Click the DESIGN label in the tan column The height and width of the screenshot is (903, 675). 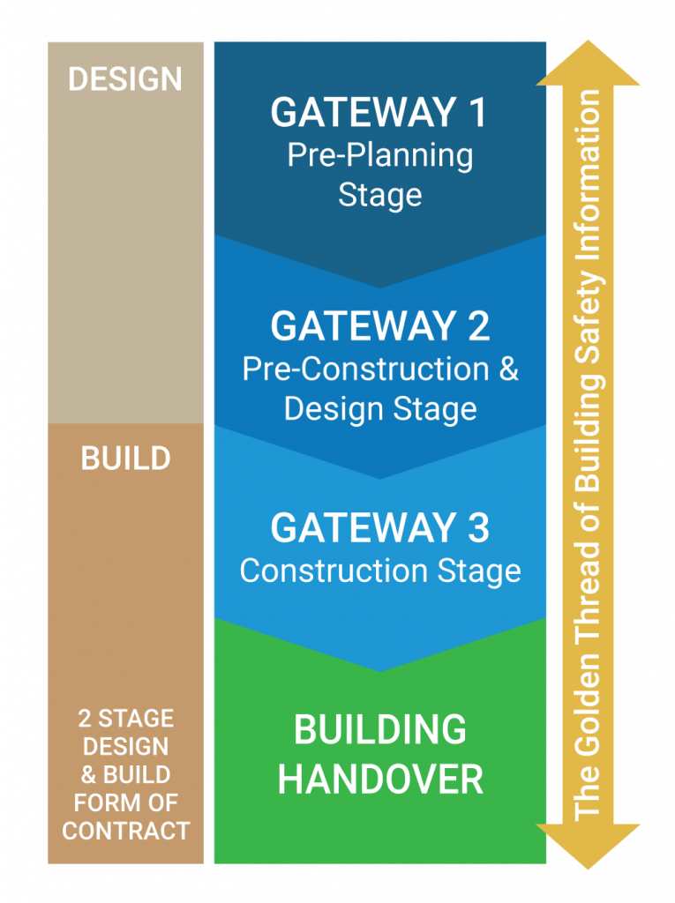tap(125, 78)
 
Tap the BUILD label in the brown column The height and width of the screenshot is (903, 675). tap(125, 459)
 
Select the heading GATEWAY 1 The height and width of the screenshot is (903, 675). tap(379, 112)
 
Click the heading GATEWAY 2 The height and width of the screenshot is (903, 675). tap(380, 326)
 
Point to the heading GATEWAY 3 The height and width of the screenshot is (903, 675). tap(380, 527)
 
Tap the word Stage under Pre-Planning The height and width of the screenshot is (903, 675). tap(380, 196)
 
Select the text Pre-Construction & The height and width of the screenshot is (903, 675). tap(380, 369)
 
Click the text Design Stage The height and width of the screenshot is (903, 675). tap(380, 409)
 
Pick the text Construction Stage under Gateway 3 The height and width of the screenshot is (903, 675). tap(380, 571)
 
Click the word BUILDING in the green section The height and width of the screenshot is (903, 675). tap(380, 729)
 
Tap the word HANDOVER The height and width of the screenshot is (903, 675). tap(380, 780)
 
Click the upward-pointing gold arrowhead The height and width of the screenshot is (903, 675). tap(588, 64)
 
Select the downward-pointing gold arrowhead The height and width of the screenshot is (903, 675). tap(588, 846)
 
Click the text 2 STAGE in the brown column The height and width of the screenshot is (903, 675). tap(125, 719)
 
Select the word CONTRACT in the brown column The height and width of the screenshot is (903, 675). tap(125, 831)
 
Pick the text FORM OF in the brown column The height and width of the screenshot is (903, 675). tap(125, 802)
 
